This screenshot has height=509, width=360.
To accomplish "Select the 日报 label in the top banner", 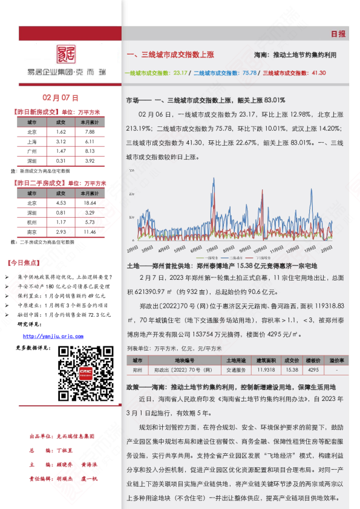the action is click(338, 34).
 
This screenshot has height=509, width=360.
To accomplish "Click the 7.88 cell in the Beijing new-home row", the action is click(90, 131).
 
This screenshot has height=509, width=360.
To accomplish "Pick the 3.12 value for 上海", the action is click(61, 141).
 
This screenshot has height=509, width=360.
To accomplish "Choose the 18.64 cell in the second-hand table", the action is click(90, 203).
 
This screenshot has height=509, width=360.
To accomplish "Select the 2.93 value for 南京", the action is click(61, 232).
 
